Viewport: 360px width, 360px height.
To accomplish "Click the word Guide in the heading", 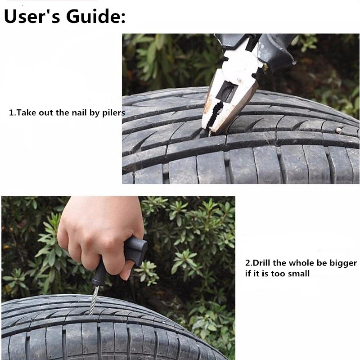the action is pos(96,16).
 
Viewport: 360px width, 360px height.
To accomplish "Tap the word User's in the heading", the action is pos(32,16).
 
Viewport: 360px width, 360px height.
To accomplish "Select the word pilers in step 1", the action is pos(114,113).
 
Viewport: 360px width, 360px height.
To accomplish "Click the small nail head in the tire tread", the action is pos(339,130).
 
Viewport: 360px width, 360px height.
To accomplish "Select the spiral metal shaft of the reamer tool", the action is pos(94,300).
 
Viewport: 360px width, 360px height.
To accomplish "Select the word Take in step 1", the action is pos(27,112).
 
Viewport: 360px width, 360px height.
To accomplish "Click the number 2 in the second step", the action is pos(247,263).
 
